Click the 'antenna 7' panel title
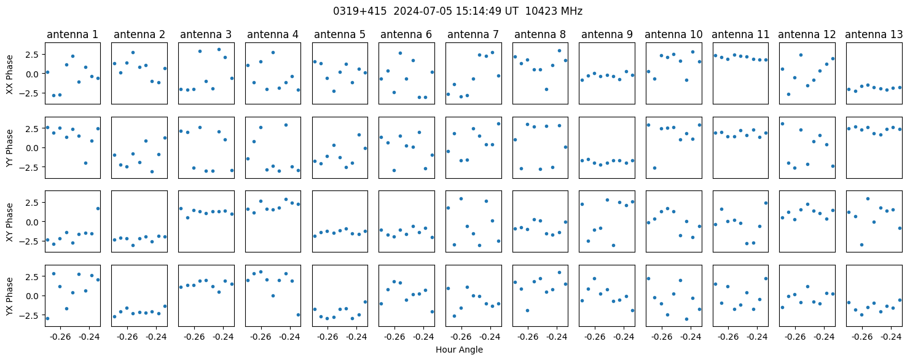473,34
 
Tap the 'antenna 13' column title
874,34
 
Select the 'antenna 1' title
73,34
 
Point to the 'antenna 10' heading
673,34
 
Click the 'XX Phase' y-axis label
9,74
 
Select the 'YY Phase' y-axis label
9,148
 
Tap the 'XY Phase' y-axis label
9,222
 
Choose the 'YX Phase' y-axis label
9,296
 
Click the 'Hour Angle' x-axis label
459,350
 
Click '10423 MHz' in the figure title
554,11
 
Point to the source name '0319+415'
360,11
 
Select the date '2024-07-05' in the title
423,11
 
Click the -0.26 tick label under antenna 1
61,337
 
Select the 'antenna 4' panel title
273,34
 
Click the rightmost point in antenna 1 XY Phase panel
98,208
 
